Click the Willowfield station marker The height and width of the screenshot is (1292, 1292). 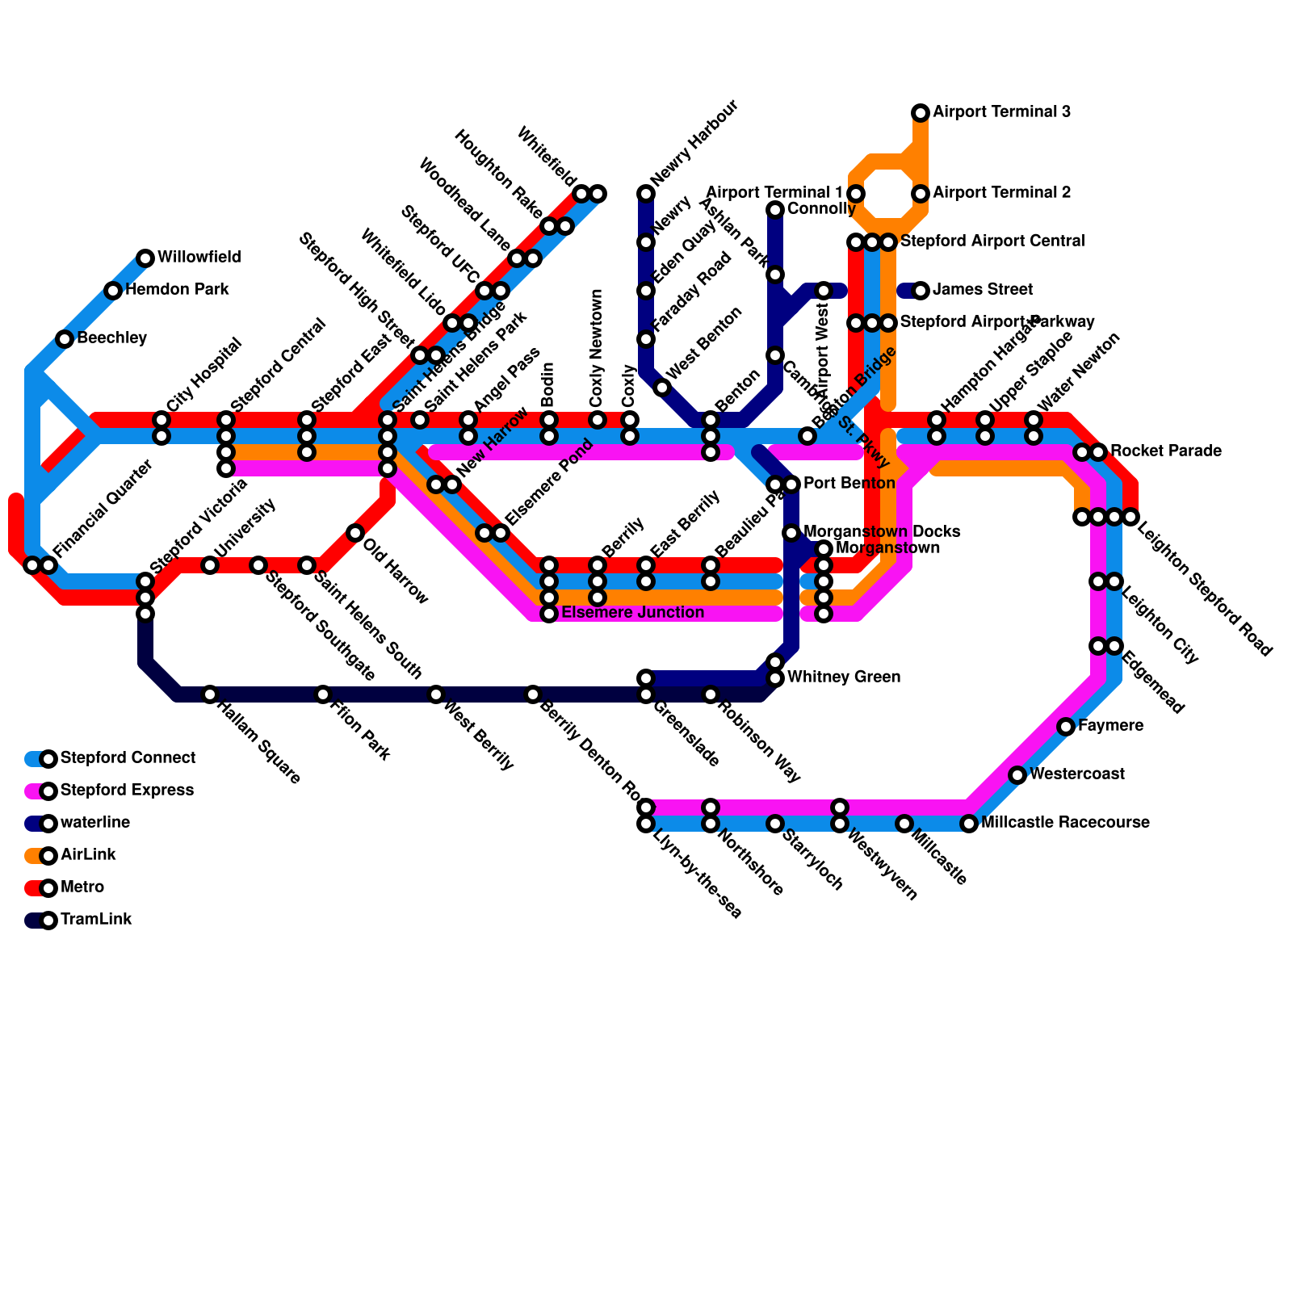(145, 258)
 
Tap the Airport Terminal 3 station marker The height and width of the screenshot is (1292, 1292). (921, 113)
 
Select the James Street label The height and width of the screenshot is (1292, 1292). (983, 290)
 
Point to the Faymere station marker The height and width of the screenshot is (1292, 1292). (1066, 727)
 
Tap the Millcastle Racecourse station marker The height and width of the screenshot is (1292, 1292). (969, 824)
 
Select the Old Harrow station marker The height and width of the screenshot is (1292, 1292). (355, 533)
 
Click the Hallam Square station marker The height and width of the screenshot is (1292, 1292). (210, 694)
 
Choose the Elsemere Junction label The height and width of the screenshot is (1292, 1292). (632, 613)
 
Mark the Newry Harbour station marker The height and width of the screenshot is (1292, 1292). (646, 194)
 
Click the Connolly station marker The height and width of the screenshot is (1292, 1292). (775, 210)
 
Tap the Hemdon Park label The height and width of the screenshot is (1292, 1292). (177, 290)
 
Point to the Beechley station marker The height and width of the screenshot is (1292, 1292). (65, 339)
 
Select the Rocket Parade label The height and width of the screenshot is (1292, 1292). (1165, 451)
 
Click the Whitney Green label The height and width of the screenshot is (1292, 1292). (843, 677)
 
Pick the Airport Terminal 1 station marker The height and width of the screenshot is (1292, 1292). (856, 194)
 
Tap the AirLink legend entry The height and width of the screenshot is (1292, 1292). (88, 855)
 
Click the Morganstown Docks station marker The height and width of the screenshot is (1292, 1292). (791, 533)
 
